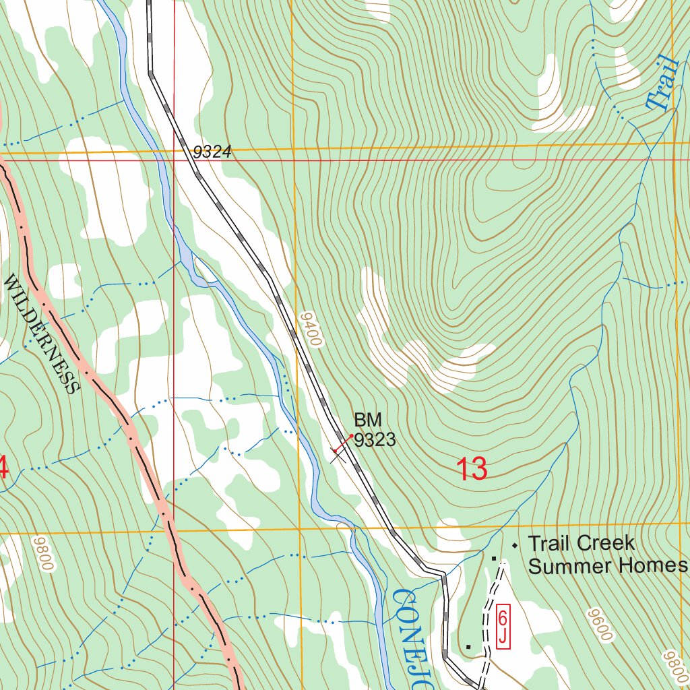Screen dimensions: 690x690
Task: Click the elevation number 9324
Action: point(212,153)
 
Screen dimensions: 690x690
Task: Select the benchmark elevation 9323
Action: point(375,441)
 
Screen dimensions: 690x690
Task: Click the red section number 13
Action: point(472,469)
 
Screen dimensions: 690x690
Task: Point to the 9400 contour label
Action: point(311,329)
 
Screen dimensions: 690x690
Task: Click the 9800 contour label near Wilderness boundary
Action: point(42,554)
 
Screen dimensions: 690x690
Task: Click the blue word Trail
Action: point(661,83)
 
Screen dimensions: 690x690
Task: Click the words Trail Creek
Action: point(581,543)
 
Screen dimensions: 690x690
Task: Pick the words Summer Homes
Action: point(607,566)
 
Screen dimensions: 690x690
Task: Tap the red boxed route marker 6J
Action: point(503,627)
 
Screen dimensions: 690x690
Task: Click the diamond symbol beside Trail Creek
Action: point(515,544)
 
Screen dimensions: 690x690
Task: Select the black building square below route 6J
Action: point(468,647)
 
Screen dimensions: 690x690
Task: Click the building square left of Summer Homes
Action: point(493,558)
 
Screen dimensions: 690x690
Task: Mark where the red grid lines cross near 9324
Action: point(174,160)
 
